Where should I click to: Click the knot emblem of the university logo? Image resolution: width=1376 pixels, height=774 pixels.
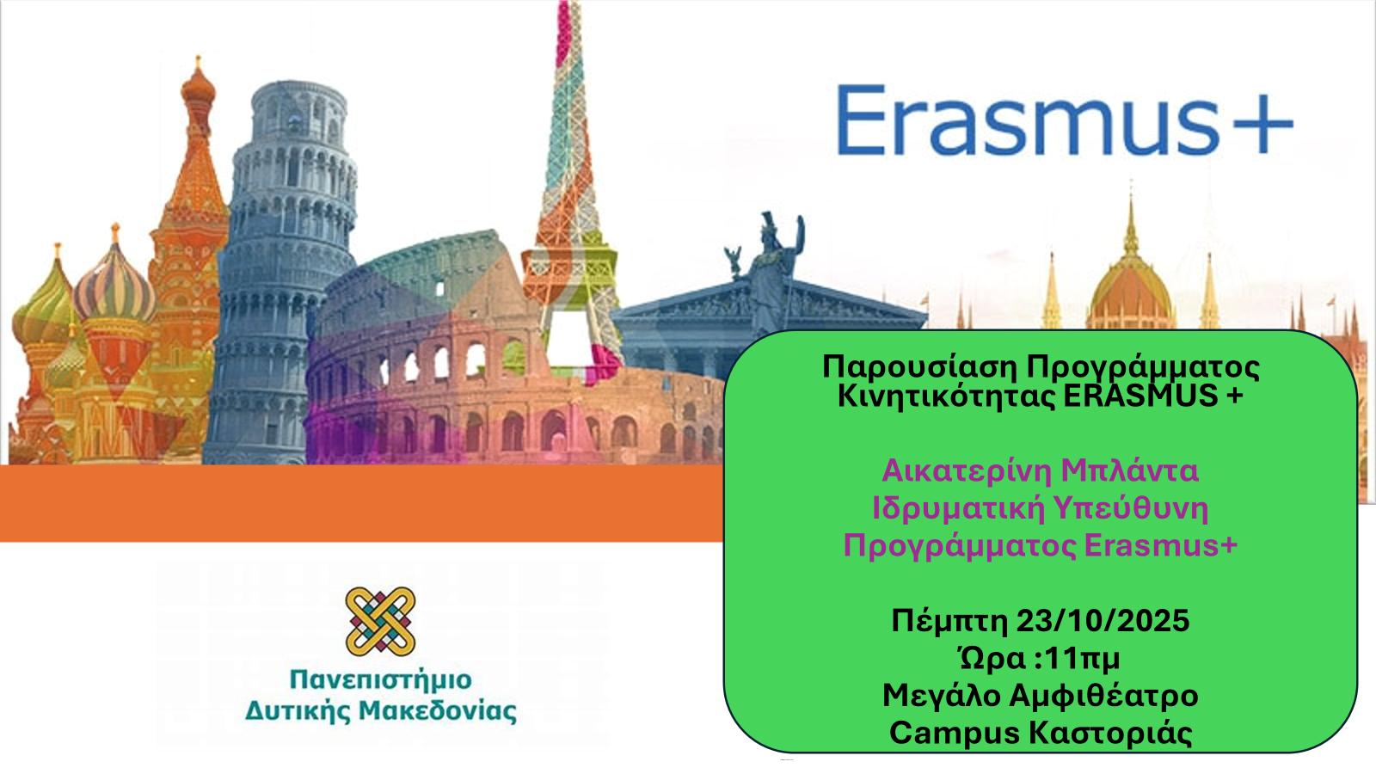coord(381,622)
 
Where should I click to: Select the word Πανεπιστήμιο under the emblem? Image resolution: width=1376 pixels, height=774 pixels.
coord(381,680)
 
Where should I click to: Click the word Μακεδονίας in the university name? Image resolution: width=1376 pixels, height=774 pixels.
coord(438,711)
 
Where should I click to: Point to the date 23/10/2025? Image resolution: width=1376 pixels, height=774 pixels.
coord(1103,620)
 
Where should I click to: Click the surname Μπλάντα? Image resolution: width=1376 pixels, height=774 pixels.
coord(1130,471)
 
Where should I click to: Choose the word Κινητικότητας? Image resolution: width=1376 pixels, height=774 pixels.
coord(946,396)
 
